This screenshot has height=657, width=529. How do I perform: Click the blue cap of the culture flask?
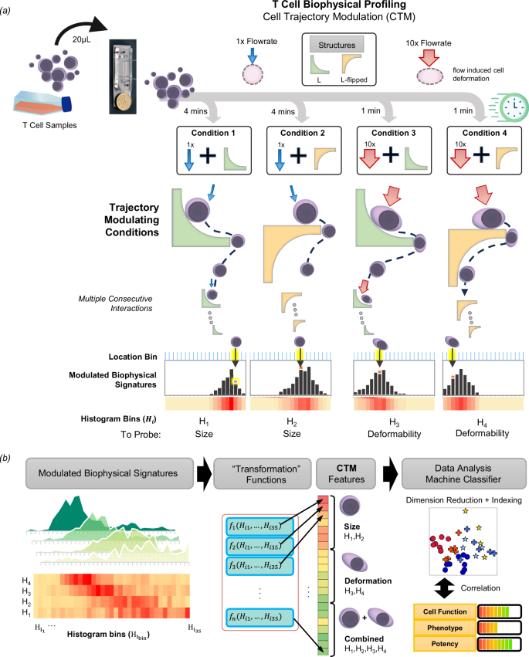68,103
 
